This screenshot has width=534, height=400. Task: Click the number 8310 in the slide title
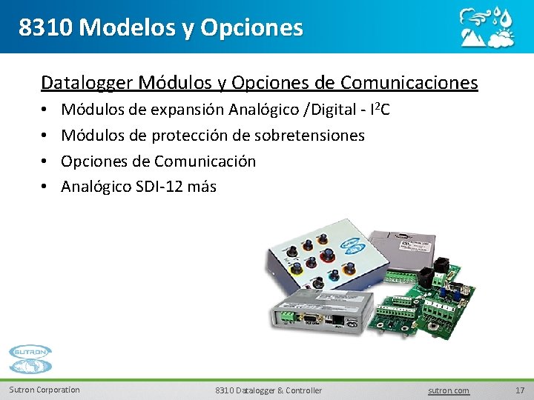[45, 27]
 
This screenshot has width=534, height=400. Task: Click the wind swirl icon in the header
[474, 16]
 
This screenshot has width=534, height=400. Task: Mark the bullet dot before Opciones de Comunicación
[45, 161]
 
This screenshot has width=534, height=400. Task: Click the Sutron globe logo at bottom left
[30, 360]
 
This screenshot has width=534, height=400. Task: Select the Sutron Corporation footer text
[44, 390]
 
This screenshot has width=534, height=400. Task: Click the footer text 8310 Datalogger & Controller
[268, 390]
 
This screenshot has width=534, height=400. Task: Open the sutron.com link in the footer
[449, 390]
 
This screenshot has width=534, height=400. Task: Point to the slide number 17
[519, 390]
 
